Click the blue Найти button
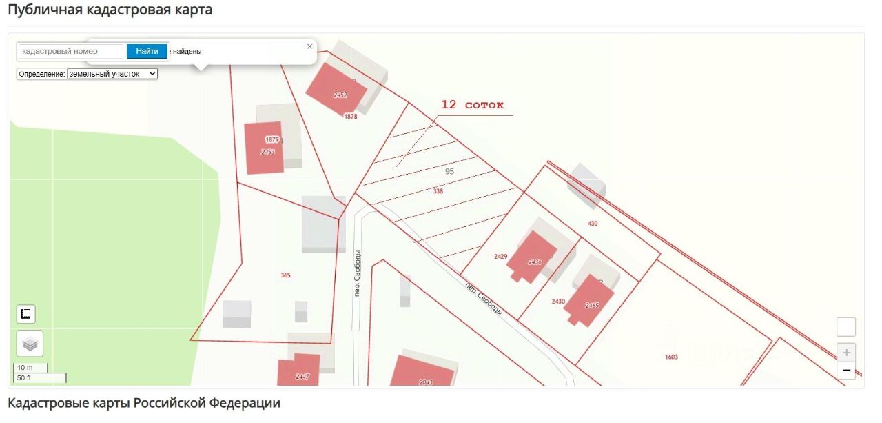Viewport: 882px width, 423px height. [147, 51]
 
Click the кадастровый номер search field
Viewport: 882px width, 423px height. [71, 51]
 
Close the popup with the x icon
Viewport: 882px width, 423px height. [309, 46]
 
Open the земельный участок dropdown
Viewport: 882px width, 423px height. [112, 73]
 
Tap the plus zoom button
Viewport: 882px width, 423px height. [846, 352]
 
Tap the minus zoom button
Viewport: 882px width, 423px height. [846, 371]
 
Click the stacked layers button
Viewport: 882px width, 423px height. [30, 343]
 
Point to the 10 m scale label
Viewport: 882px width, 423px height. [25, 368]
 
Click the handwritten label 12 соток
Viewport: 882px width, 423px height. [472, 105]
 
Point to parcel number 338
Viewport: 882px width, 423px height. [438, 191]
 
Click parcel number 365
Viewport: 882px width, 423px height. [285, 275]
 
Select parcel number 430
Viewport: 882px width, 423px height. [593, 223]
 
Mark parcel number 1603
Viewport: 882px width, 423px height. [671, 357]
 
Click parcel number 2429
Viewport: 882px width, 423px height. [500, 257]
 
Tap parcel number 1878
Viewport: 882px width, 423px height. [351, 117]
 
